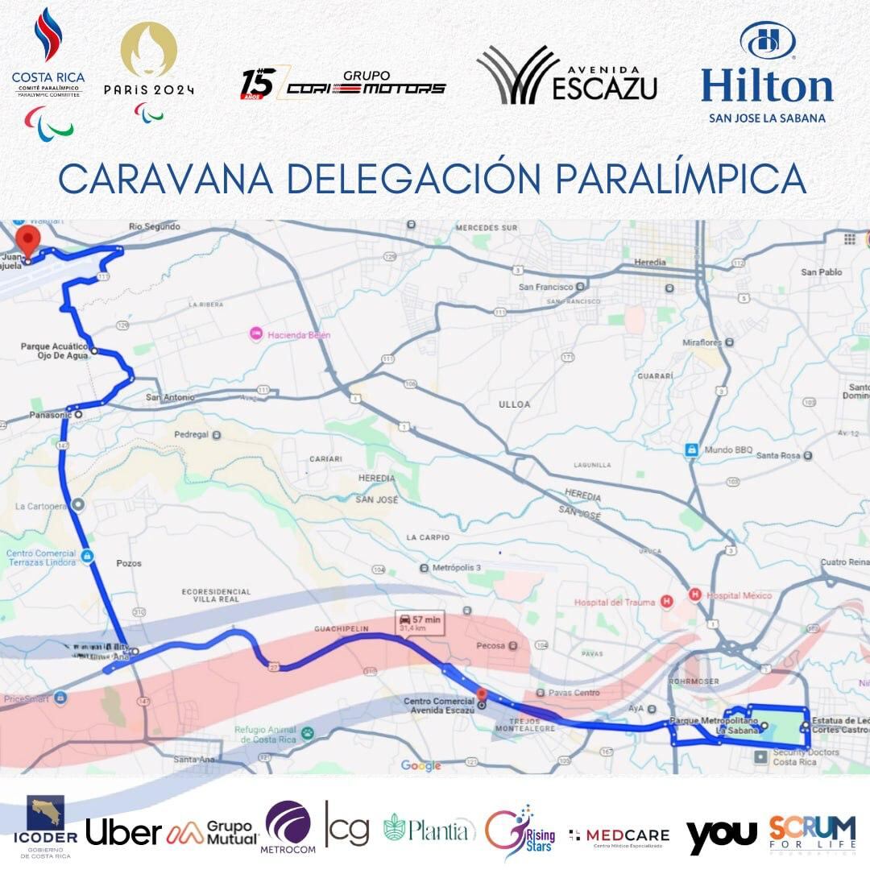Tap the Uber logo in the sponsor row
[x=123, y=832]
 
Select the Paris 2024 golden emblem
[x=148, y=50]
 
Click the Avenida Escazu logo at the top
[x=566, y=76]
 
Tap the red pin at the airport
[x=30, y=240]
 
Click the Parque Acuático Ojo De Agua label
[x=53, y=352]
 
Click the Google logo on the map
[x=421, y=765]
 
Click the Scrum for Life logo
[x=811, y=832]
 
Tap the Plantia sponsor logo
[x=428, y=829]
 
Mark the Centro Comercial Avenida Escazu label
[x=439, y=706]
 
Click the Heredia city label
[x=650, y=263]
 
